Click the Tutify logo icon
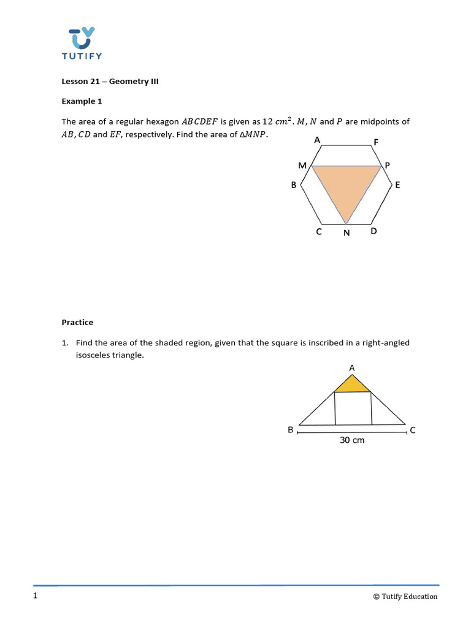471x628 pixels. click(82, 37)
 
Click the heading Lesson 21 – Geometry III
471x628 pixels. click(110, 81)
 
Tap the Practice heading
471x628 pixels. click(77, 322)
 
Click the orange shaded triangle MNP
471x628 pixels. click(347, 186)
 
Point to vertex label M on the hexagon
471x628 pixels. click(302, 166)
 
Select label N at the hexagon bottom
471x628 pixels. click(347, 233)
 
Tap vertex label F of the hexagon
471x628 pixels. click(376, 142)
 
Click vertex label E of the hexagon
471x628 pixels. click(397, 185)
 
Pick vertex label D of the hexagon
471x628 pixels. click(374, 231)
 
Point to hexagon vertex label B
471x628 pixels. click(294, 185)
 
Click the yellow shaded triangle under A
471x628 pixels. click(352, 385)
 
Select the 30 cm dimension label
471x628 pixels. click(352, 440)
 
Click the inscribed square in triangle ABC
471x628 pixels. click(353, 408)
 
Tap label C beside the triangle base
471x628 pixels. click(413, 431)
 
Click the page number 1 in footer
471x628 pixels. click(36, 596)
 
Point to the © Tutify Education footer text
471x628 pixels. click(405, 596)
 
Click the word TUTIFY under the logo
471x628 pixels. click(82, 56)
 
